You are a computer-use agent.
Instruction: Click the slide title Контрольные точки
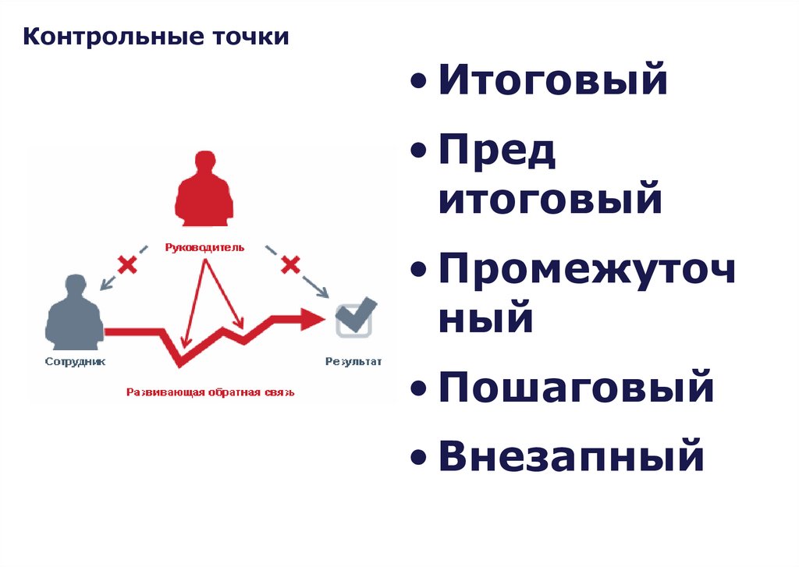pos(156,37)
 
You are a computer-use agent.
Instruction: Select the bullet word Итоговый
pos(552,80)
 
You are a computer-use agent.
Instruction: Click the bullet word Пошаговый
pos(576,388)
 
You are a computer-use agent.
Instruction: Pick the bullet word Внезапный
pos(571,456)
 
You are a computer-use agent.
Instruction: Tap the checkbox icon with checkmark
pos(353,318)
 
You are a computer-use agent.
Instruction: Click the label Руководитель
pos(204,248)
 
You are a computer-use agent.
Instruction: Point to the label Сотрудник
pos(75,362)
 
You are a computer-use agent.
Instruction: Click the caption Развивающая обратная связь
pos(211,392)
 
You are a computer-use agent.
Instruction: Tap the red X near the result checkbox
pos(291,264)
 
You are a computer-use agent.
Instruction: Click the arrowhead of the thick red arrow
pos(314,317)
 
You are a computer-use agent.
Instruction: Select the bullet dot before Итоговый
pos(421,82)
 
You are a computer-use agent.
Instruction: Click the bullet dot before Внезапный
pos(421,458)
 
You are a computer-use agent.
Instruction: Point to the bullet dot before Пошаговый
pos(421,389)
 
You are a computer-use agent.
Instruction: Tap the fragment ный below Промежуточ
pos(485,318)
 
